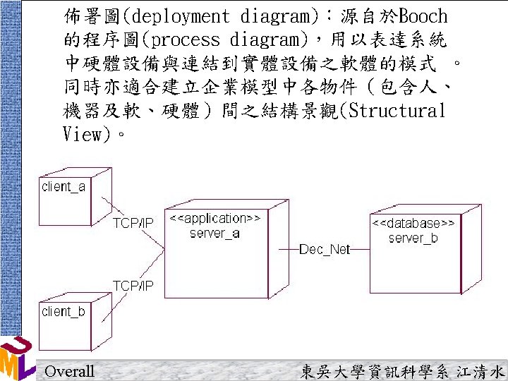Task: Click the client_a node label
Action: point(64,187)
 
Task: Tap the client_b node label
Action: point(64,311)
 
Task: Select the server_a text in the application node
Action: point(214,233)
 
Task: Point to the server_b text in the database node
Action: point(413,238)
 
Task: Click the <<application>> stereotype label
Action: point(215,219)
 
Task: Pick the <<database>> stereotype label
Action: point(413,224)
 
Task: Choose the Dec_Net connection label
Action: point(325,249)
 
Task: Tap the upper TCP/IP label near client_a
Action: point(133,223)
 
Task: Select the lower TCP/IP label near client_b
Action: point(133,286)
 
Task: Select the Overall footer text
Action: point(68,371)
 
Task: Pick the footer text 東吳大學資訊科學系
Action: point(370,371)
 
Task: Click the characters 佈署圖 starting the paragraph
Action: point(87,16)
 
